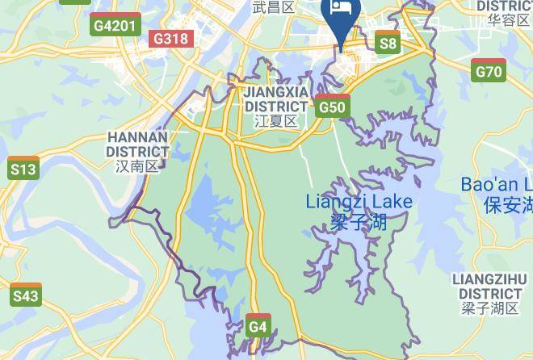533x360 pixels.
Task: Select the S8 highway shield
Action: pyautogui.click(x=388, y=42)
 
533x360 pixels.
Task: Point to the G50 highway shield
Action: pyautogui.click(x=333, y=106)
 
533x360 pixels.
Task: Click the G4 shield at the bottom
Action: pyautogui.click(x=258, y=325)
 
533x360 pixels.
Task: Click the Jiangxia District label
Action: pyautogui.click(x=276, y=99)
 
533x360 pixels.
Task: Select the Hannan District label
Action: pyautogui.click(x=137, y=144)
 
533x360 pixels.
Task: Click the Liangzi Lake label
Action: pyautogui.click(x=359, y=201)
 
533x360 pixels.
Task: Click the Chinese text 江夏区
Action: pyautogui.click(x=276, y=121)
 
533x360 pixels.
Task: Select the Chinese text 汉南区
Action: pyautogui.click(x=137, y=166)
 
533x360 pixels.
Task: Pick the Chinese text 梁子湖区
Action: pyautogui.click(x=490, y=308)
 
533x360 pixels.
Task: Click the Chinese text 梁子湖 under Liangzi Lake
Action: pyautogui.click(x=359, y=220)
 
